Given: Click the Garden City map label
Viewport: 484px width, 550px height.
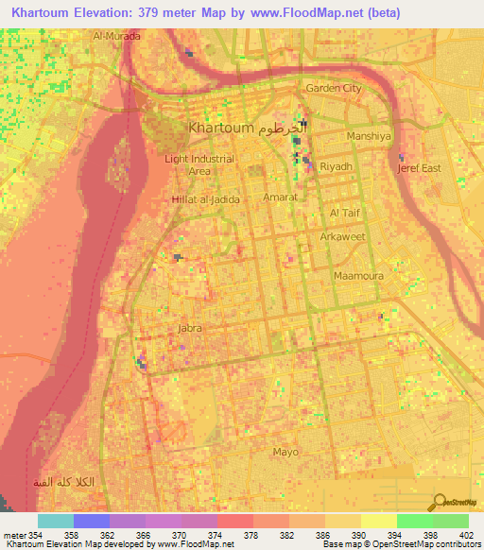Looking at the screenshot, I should (333, 88).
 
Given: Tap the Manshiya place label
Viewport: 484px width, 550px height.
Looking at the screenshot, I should (369, 136).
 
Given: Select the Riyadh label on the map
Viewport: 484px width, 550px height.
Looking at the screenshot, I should (337, 166).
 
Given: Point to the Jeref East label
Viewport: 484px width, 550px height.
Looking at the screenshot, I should (419, 168).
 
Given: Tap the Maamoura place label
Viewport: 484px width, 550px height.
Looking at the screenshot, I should (355, 276).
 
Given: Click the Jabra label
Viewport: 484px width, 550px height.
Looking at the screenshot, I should (191, 328).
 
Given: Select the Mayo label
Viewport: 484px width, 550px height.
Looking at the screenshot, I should (285, 452).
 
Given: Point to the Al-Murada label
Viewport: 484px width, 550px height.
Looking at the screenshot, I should (116, 36).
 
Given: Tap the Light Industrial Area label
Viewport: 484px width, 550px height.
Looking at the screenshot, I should (199, 165).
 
